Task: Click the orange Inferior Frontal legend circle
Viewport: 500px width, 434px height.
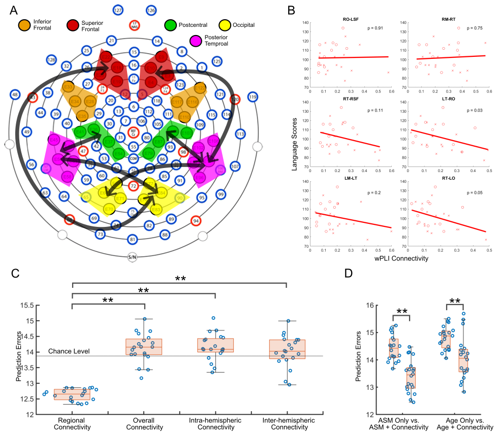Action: pyautogui.click(x=24, y=25)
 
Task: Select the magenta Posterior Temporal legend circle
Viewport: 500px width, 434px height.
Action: pyautogui.click(x=195, y=41)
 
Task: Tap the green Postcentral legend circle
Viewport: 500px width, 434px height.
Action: pyautogui.click(x=171, y=25)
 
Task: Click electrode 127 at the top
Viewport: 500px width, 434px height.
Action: pyautogui.click(x=118, y=10)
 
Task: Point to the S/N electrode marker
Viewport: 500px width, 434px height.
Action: pyautogui.click(x=133, y=257)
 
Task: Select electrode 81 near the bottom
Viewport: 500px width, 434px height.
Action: pyautogui.click(x=133, y=239)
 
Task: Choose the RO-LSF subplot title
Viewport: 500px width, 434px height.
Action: pyautogui.click(x=352, y=20)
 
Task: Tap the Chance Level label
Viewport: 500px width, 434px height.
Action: pyautogui.click(x=65, y=351)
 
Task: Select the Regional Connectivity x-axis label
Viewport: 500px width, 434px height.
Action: pyautogui.click(x=72, y=424)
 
